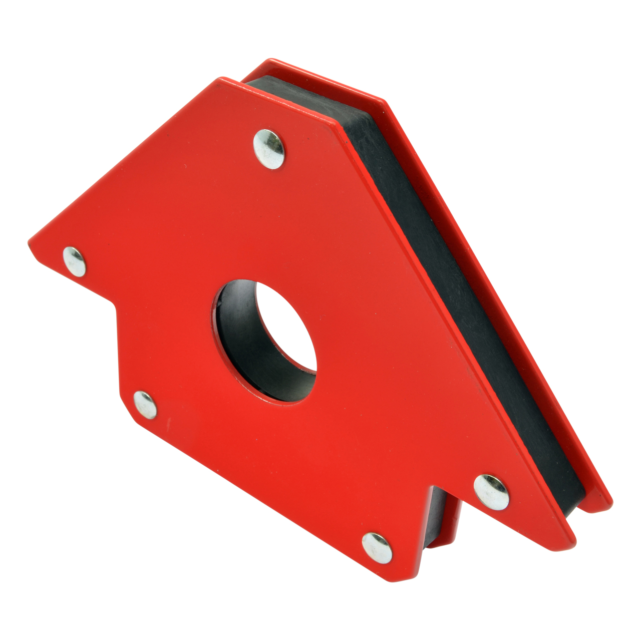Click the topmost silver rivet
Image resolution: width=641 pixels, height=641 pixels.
click(x=269, y=148)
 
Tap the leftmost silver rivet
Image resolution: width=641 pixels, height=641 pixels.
click(x=74, y=261)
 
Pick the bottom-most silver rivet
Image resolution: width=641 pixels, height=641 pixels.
click(x=377, y=546)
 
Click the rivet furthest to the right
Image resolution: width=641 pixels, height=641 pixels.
click(x=491, y=492)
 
